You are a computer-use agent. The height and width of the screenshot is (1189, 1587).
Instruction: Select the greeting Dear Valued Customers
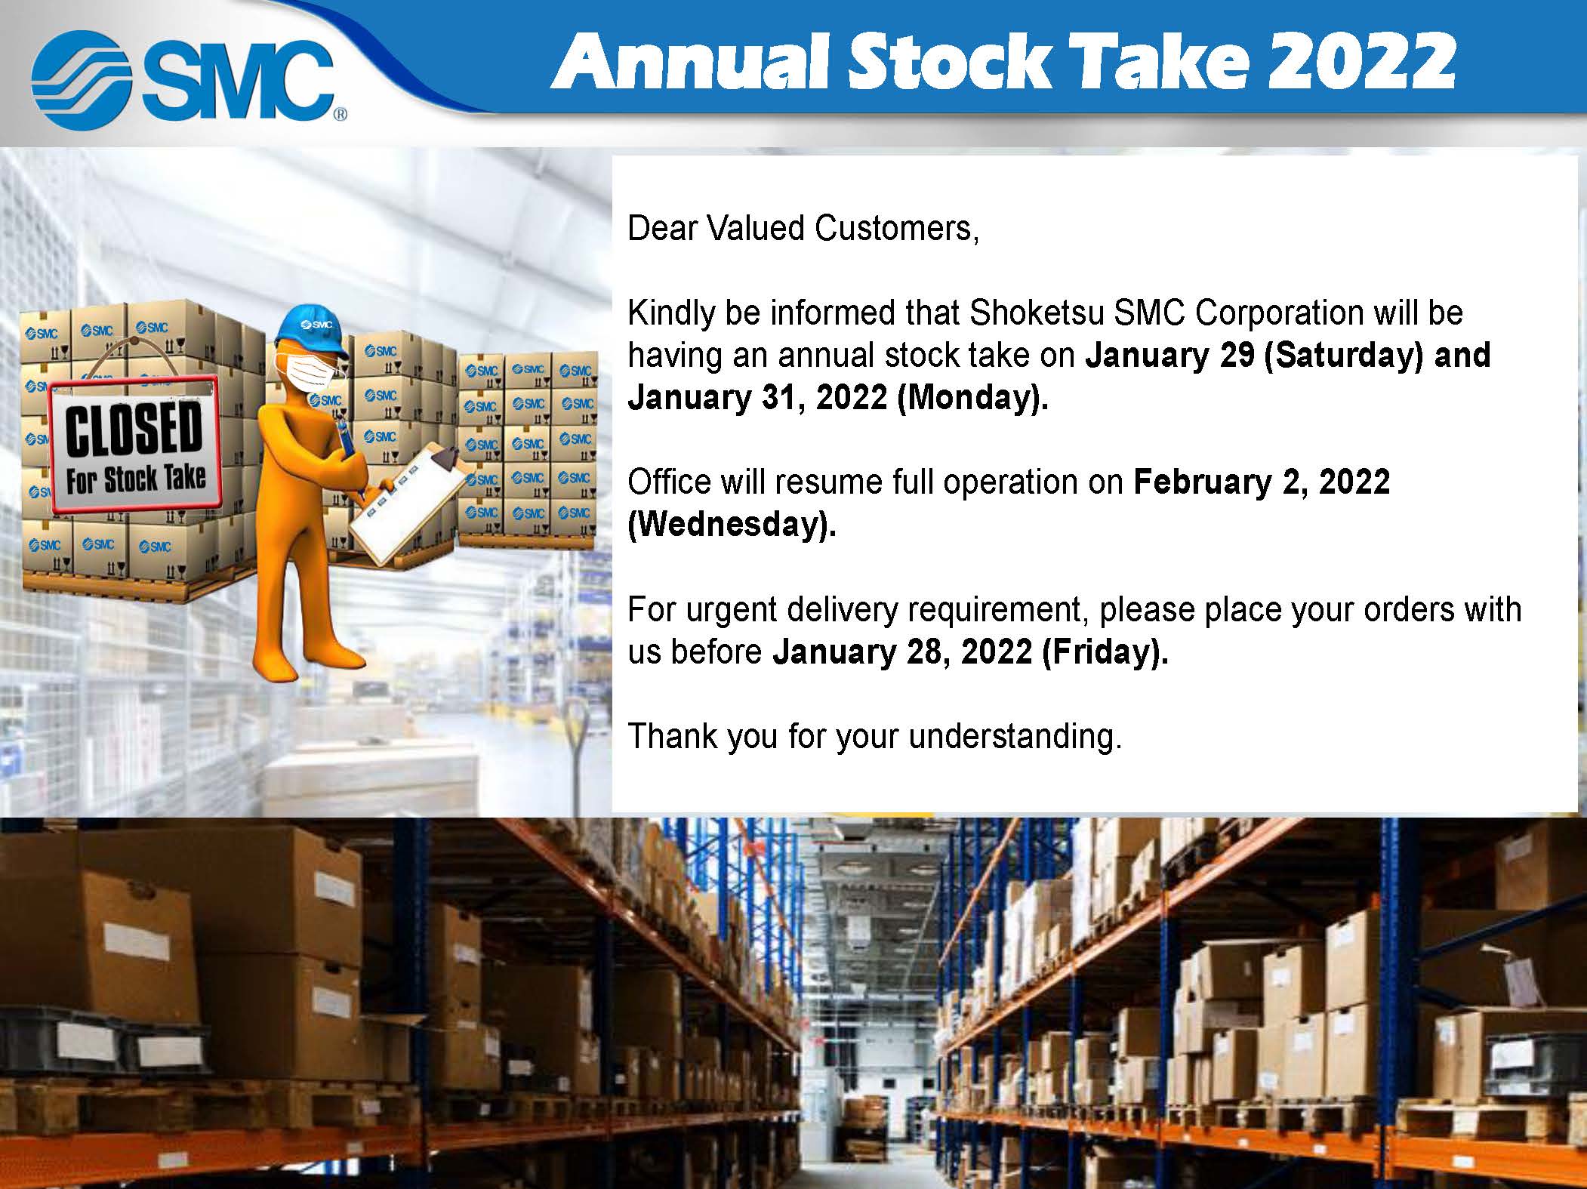(803, 228)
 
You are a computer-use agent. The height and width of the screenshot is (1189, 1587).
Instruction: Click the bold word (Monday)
(972, 398)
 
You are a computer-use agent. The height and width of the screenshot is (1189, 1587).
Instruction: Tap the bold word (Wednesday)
(732, 525)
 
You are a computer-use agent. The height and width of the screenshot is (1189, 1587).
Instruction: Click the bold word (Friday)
(1105, 651)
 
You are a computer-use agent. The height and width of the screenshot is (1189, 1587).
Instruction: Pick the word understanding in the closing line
(1015, 737)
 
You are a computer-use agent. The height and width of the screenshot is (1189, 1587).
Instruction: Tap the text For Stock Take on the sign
(135, 479)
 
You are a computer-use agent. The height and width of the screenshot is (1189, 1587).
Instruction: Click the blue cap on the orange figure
(311, 331)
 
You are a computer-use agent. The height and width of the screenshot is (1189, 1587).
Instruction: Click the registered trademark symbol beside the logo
(340, 116)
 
